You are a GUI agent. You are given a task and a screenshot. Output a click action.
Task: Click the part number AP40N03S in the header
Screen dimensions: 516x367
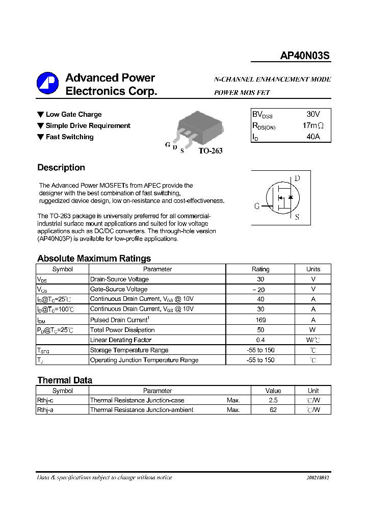point(305,57)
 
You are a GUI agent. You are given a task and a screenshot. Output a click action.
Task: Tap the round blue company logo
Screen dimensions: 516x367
point(47,83)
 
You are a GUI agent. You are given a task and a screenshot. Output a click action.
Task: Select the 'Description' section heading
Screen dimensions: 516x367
point(61,168)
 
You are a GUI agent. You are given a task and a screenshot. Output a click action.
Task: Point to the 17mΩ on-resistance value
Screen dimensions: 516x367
point(312,125)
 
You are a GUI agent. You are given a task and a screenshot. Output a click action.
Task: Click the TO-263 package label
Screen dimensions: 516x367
point(210,151)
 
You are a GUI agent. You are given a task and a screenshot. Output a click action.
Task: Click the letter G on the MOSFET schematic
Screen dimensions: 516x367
point(257,206)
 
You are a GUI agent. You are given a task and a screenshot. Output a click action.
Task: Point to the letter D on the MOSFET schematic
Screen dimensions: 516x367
point(297,178)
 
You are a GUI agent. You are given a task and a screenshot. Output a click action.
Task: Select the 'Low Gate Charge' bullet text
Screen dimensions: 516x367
point(73,115)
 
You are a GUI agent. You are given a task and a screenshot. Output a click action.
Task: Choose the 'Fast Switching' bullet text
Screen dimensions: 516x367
point(69,137)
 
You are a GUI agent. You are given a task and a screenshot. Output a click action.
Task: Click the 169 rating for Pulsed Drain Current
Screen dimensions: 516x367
point(260,320)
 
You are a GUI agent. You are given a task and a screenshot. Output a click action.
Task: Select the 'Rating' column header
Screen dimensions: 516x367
point(260,269)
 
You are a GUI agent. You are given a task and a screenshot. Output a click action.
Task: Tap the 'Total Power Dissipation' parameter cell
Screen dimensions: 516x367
point(122,330)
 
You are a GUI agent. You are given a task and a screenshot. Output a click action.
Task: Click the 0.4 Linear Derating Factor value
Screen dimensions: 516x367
point(260,340)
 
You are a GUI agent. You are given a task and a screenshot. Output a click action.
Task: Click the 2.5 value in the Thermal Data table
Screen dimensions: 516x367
point(273,400)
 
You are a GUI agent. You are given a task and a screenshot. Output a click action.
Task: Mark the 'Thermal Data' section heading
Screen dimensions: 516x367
point(65,380)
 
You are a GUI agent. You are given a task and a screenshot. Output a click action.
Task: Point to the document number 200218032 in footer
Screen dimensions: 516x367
point(318,478)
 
